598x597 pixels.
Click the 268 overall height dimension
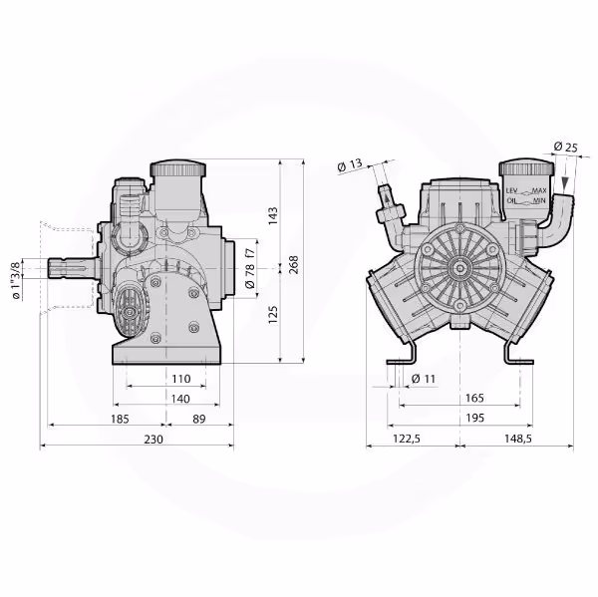(294, 265)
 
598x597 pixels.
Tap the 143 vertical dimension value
(273, 216)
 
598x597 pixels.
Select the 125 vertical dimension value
(273, 315)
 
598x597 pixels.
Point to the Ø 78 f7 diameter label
(250, 268)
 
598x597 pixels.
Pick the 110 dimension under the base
(180, 379)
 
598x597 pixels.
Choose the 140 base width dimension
(180, 399)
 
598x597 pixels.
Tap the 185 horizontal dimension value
(121, 420)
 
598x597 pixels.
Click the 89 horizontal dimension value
(199, 420)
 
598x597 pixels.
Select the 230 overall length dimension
(153, 440)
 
